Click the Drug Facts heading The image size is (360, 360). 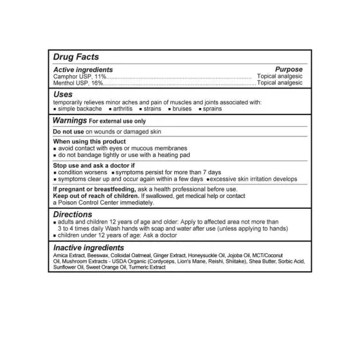pos(75,58)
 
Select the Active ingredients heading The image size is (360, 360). pos(83,69)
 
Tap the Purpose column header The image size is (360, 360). pos(289,69)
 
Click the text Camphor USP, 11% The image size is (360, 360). pos(75,76)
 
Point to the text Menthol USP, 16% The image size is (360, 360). pos(75,83)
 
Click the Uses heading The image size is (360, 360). pos(63,94)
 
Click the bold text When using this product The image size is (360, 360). pos(89,141)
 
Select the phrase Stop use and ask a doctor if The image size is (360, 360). pos(94,166)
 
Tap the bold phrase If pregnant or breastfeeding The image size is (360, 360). pos(93,190)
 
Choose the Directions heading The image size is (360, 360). pos(72,215)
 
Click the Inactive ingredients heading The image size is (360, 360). pos(88,248)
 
